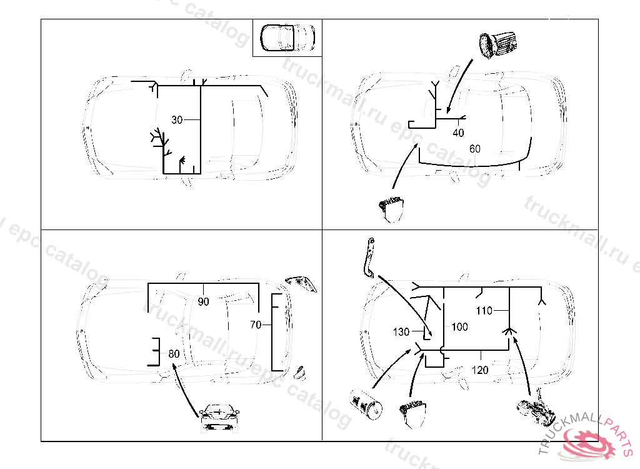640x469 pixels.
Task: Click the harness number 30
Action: click(x=177, y=120)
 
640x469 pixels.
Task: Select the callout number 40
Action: click(x=458, y=133)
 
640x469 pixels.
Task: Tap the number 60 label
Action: click(x=475, y=149)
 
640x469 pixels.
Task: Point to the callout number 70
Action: click(x=255, y=325)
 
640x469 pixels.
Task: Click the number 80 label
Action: click(x=174, y=354)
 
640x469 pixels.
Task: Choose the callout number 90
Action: click(x=203, y=302)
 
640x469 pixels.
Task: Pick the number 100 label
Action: click(x=459, y=327)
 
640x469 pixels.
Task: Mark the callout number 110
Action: click(x=484, y=310)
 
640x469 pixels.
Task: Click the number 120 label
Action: click(x=480, y=370)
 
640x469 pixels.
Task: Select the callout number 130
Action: click(x=401, y=331)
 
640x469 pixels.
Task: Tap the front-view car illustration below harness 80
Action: click(x=219, y=418)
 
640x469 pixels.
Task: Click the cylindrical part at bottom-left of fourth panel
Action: click(x=366, y=405)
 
